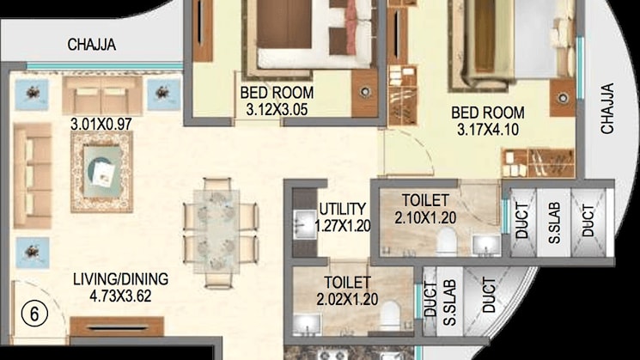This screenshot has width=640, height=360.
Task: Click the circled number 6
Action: [34, 314]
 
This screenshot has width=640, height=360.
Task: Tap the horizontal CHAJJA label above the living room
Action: [91, 46]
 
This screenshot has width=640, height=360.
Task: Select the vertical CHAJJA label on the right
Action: [607, 108]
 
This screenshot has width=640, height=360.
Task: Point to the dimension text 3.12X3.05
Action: [276, 109]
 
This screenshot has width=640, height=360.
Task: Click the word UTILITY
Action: [342, 209]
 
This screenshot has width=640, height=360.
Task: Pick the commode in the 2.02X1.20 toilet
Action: [388, 314]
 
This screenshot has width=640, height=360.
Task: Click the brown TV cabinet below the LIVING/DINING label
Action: [117, 326]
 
